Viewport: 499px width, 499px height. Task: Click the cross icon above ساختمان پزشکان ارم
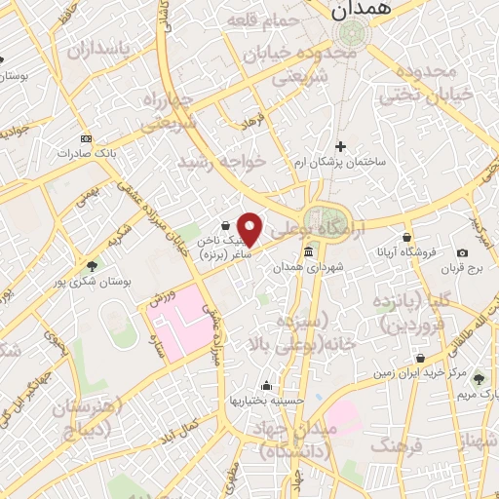pos(339,146)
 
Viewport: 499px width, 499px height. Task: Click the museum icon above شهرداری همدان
pos(309,252)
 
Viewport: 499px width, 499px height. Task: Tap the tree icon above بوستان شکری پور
pos(92,265)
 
